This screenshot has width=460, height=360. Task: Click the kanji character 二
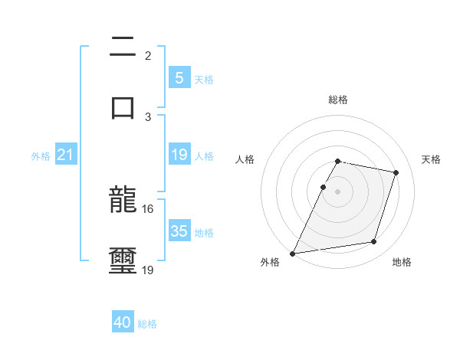(x=123, y=48)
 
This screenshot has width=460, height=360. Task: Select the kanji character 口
(x=123, y=106)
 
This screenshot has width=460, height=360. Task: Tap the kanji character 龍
(x=123, y=201)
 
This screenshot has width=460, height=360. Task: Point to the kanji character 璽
(x=123, y=260)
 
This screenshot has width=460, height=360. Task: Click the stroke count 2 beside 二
(x=148, y=56)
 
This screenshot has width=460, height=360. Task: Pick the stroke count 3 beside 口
(x=148, y=116)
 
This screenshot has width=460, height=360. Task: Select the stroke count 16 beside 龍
(x=148, y=208)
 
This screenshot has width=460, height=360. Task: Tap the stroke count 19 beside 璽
(x=148, y=270)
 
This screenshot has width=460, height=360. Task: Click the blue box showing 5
(x=179, y=77)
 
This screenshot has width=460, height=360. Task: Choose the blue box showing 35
(x=179, y=231)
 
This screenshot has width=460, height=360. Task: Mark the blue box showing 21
(x=66, y=155)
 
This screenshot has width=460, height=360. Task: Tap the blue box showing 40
(x=123, y=322)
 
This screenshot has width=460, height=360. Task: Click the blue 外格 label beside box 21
(x=41, y=156)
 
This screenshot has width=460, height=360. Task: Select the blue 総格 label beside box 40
(x=147, y=324)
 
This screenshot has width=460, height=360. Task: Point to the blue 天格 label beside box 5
(x=204, y=79)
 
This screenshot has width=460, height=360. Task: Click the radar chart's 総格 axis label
(x=337, y=100)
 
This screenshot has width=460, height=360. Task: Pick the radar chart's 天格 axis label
(x=431, y=159)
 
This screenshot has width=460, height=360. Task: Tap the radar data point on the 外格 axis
(x=293, y=253)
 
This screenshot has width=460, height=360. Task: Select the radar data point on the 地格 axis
(x=374, y=242)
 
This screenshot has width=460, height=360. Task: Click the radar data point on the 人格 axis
(x=323, y=187)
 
